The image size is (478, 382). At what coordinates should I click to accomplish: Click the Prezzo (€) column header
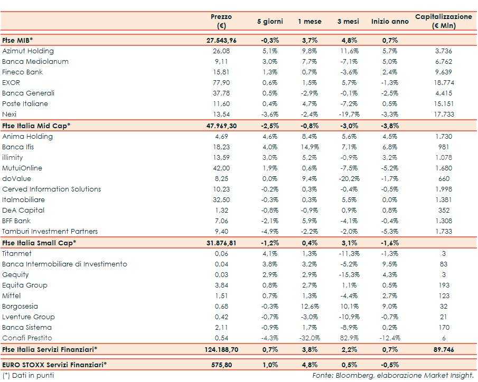tap(221, 21)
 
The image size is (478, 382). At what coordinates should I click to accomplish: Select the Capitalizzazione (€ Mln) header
tap(443, 21)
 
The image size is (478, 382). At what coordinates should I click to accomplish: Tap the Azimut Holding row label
tap(28, 51)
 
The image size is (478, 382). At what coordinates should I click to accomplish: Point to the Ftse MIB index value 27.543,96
tap(221, 40)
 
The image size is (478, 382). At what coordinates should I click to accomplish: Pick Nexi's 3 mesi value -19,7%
tap(348, 114)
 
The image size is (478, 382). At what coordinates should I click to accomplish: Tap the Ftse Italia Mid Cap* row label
tap(36, 126)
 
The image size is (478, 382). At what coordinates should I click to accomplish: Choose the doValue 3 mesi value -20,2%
tap(348, 179)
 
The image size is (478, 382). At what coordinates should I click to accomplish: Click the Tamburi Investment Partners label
tap(50, 232)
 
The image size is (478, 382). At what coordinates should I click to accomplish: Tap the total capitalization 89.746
tap(443, 349)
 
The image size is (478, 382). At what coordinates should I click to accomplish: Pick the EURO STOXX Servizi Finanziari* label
tap(54, 364)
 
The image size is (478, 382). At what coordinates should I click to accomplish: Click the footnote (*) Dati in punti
tap(28, 376)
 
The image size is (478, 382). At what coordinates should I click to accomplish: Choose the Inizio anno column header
tap(390, 22)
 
